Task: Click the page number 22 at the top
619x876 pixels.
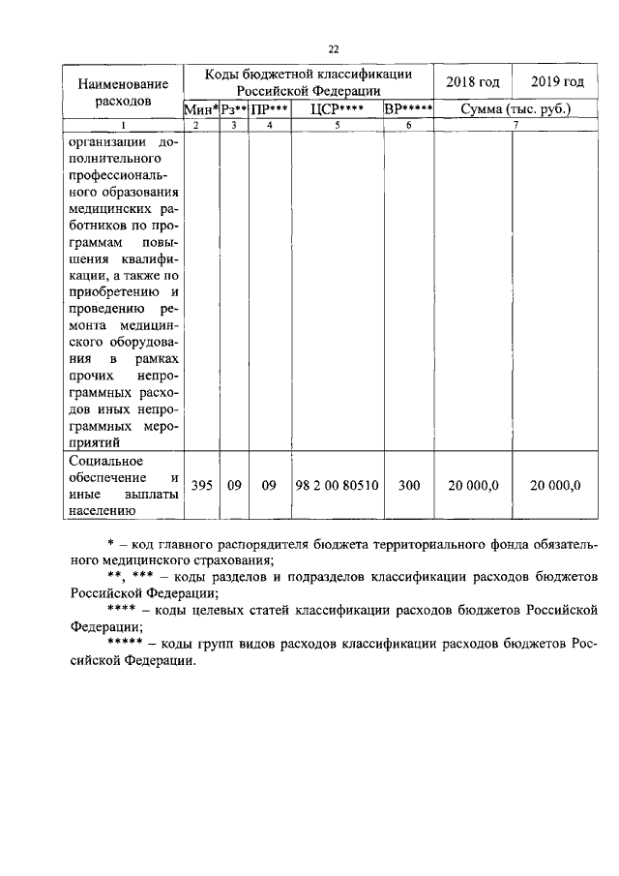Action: click(334, 49)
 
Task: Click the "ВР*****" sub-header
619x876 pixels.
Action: click(408, 109)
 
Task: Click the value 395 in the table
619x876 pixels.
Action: click(201, 485)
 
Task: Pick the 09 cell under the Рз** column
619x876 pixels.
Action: click(234, 485)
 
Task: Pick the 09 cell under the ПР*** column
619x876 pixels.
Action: click(269, 485)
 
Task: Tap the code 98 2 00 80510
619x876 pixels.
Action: click(337, 485)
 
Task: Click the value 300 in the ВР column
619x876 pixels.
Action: click(408, 485)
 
